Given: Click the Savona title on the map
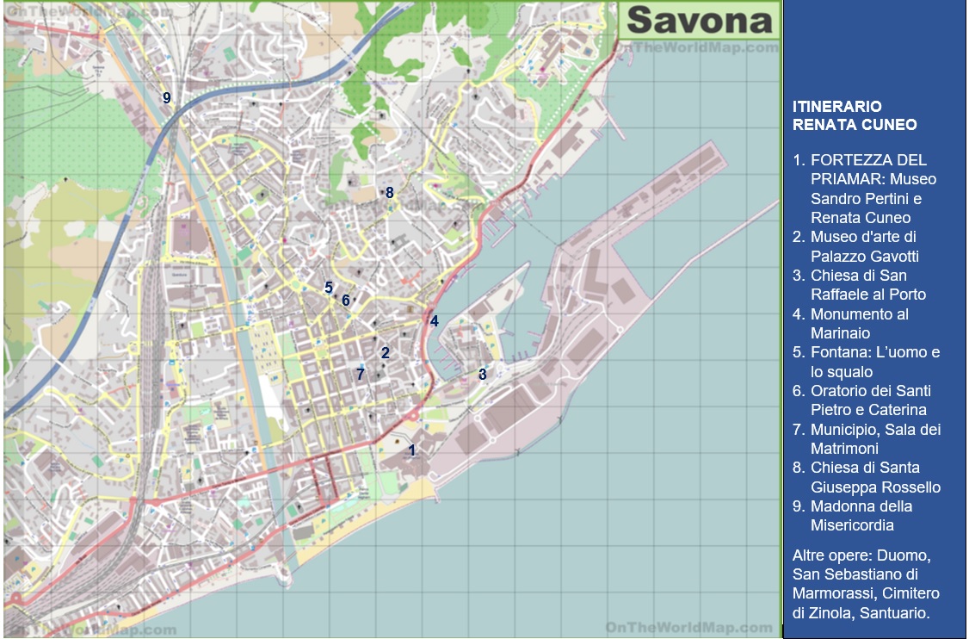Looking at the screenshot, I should (x=699, y=20).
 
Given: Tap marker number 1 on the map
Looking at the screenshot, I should (x=412, y=450).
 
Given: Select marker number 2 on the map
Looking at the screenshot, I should (x=385, y=352).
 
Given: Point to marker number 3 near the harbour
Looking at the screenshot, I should (x=482, y=374).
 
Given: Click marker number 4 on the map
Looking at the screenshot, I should (x=435, y=321).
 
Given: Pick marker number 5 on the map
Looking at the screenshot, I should (x=328, y=288).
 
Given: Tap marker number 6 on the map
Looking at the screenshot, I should (x=345, y=301).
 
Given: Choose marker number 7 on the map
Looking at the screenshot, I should (x=361, y=374).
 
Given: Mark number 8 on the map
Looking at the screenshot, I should (x=389, y=193).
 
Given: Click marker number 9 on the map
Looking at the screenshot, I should (x=167, y=98).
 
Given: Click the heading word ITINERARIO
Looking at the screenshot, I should (x=836, y=107).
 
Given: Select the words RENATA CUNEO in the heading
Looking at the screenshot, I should (x=855, y=126).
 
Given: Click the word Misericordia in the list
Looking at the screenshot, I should (x=852, y=525).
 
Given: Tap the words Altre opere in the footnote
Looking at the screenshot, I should (x=835, y=555).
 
